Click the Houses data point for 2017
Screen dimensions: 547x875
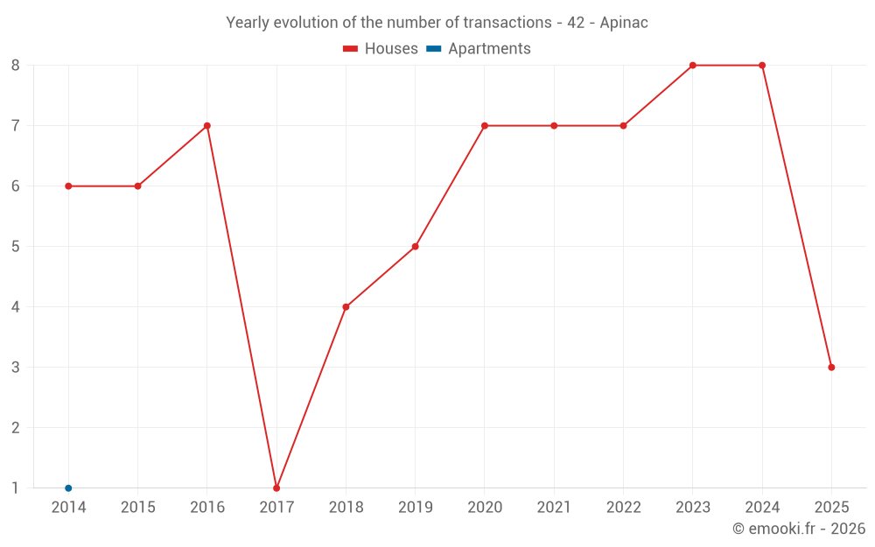click(276, 488)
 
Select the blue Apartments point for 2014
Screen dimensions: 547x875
click(68, 488)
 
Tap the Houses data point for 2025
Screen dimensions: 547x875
click(831, 368)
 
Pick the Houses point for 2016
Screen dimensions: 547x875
click(207, 126)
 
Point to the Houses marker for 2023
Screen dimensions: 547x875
click(693, 66)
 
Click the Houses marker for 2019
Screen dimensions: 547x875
click(416, 247)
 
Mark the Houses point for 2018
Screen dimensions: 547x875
click(346, 307)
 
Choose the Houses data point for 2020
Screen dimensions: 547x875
click(485, 126)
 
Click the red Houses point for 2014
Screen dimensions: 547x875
click(68, 186)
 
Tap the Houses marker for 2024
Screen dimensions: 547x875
click(762, 66)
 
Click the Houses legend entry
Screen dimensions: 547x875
click(381, 49)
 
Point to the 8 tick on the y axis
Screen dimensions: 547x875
click(16, 66)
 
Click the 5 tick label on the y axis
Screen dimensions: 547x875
click(16, 247)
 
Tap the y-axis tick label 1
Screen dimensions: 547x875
click(16, 488)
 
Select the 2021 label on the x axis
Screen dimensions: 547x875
click(554, 508)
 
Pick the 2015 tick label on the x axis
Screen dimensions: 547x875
click(137, 508)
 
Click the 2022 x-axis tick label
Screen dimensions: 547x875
click(623, 508)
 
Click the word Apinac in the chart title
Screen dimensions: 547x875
click(624, 23)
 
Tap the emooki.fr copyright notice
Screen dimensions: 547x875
click(799, 529)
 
